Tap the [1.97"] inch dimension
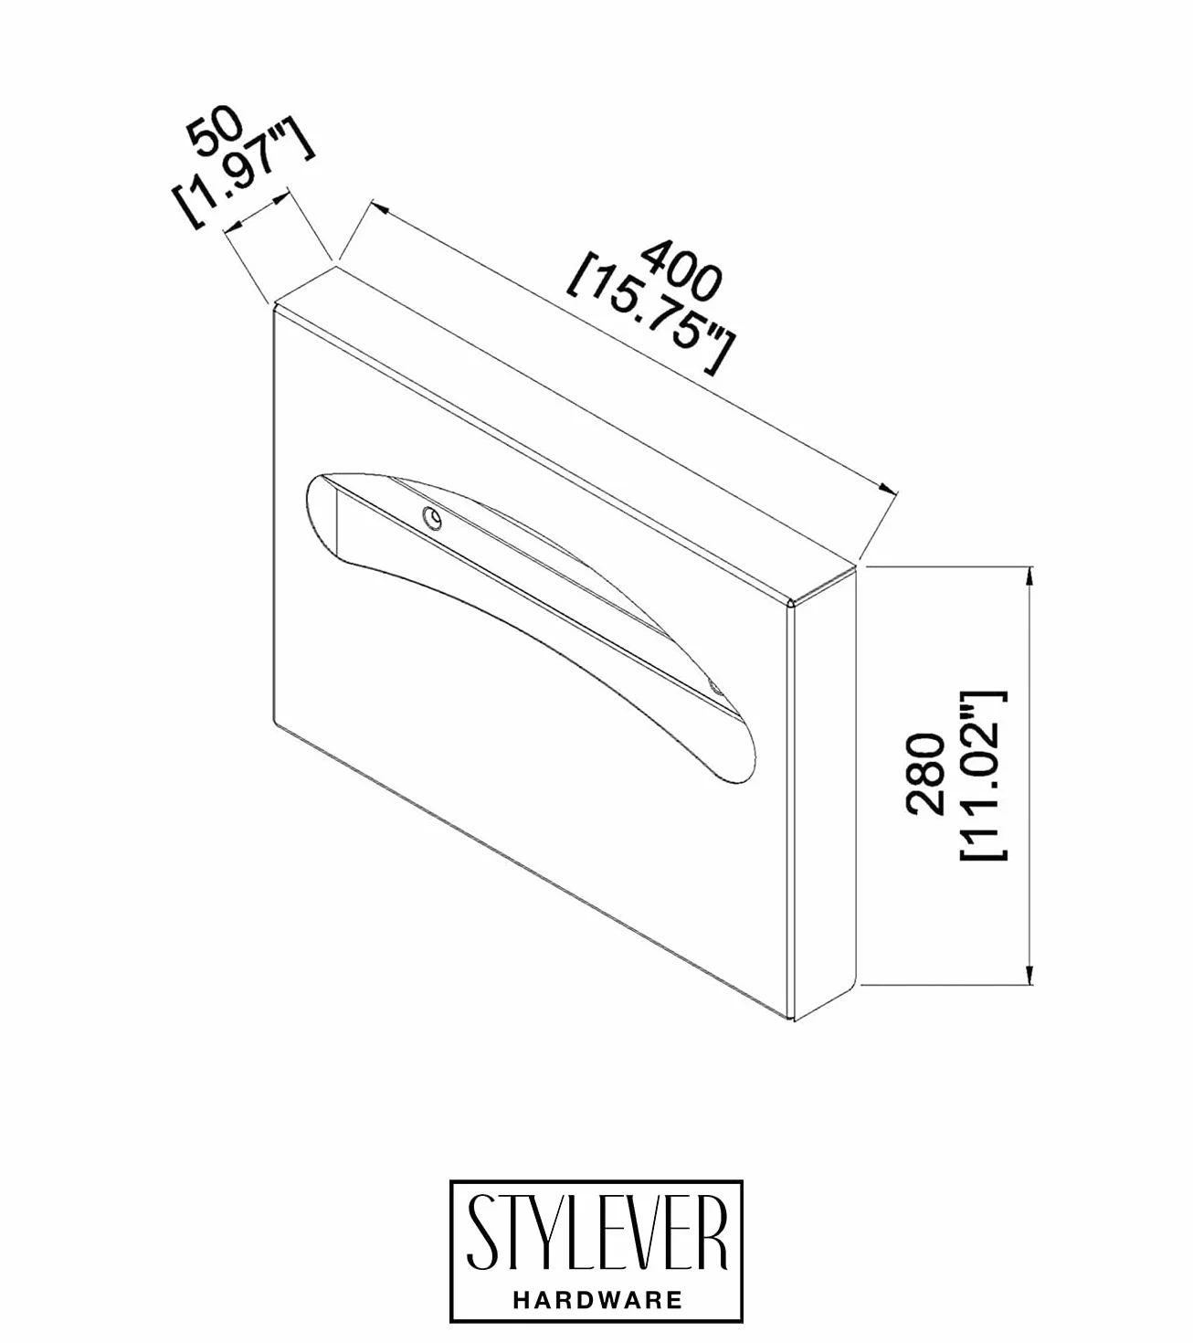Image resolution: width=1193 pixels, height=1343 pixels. [243, 175]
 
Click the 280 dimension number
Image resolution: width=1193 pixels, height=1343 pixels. [924, 773]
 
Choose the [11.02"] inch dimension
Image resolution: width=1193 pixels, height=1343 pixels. [984, 776]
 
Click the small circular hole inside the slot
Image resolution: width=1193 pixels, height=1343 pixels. [432, 518]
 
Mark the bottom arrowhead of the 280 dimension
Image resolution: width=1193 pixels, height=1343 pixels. [1029, 975]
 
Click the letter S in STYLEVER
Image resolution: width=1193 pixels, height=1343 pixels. [480, 1233]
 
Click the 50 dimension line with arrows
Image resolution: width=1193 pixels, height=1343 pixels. [257, 211]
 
